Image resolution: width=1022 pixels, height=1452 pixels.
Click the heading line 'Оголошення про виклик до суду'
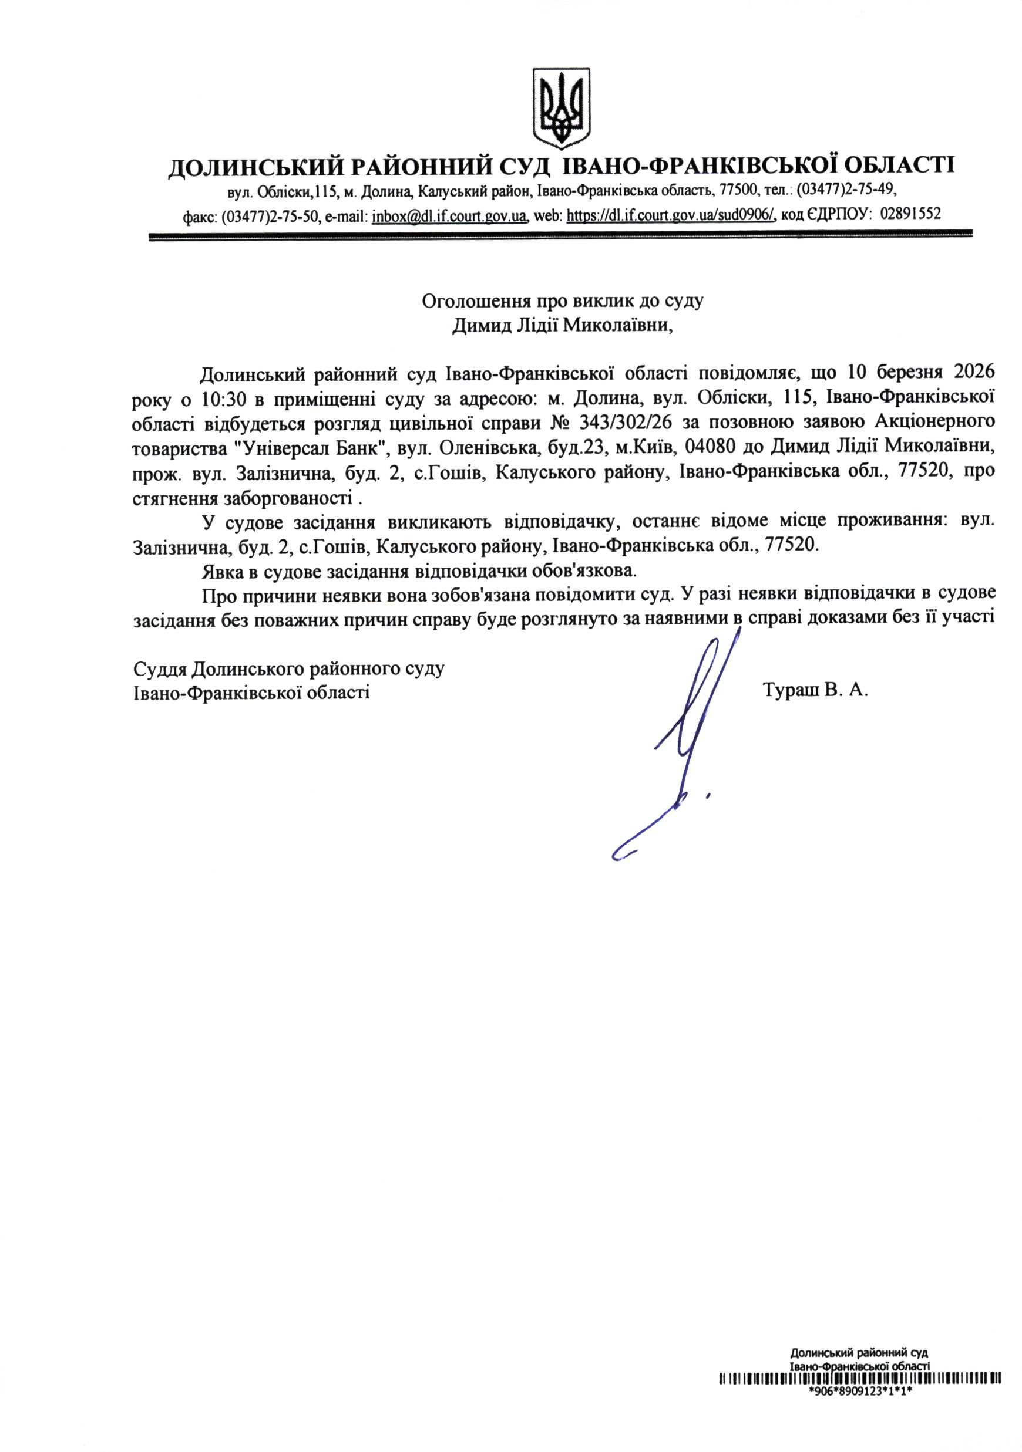click(x=563, y=300)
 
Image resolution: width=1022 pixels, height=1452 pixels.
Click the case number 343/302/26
click(x=625, y=423)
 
